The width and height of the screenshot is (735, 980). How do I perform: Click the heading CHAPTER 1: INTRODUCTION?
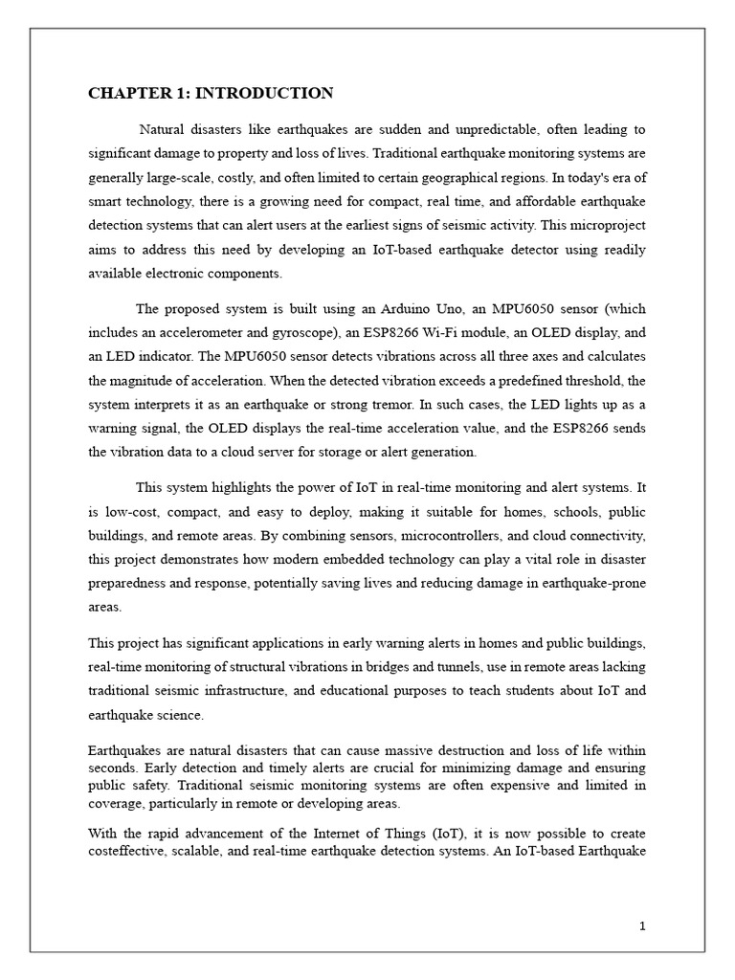pos(211,93)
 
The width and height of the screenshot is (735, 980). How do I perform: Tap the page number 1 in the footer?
pos(643,925)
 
